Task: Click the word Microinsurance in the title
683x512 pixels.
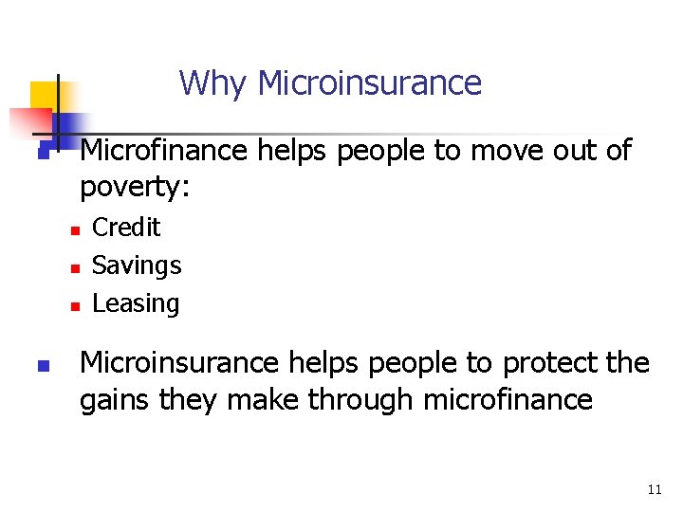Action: [x=369, y=83]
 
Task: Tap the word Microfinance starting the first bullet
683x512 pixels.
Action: [x=162, y=150]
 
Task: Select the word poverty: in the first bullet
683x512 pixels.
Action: [x=135, y=187]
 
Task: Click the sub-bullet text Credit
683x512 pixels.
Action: [x=126, y=228]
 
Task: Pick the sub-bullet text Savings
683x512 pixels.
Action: [x=137, y=265]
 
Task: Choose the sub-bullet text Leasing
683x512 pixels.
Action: [x=136, y=303]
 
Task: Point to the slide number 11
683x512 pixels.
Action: [x=654, y=490]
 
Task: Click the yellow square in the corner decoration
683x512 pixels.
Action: [x=43, y=95]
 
